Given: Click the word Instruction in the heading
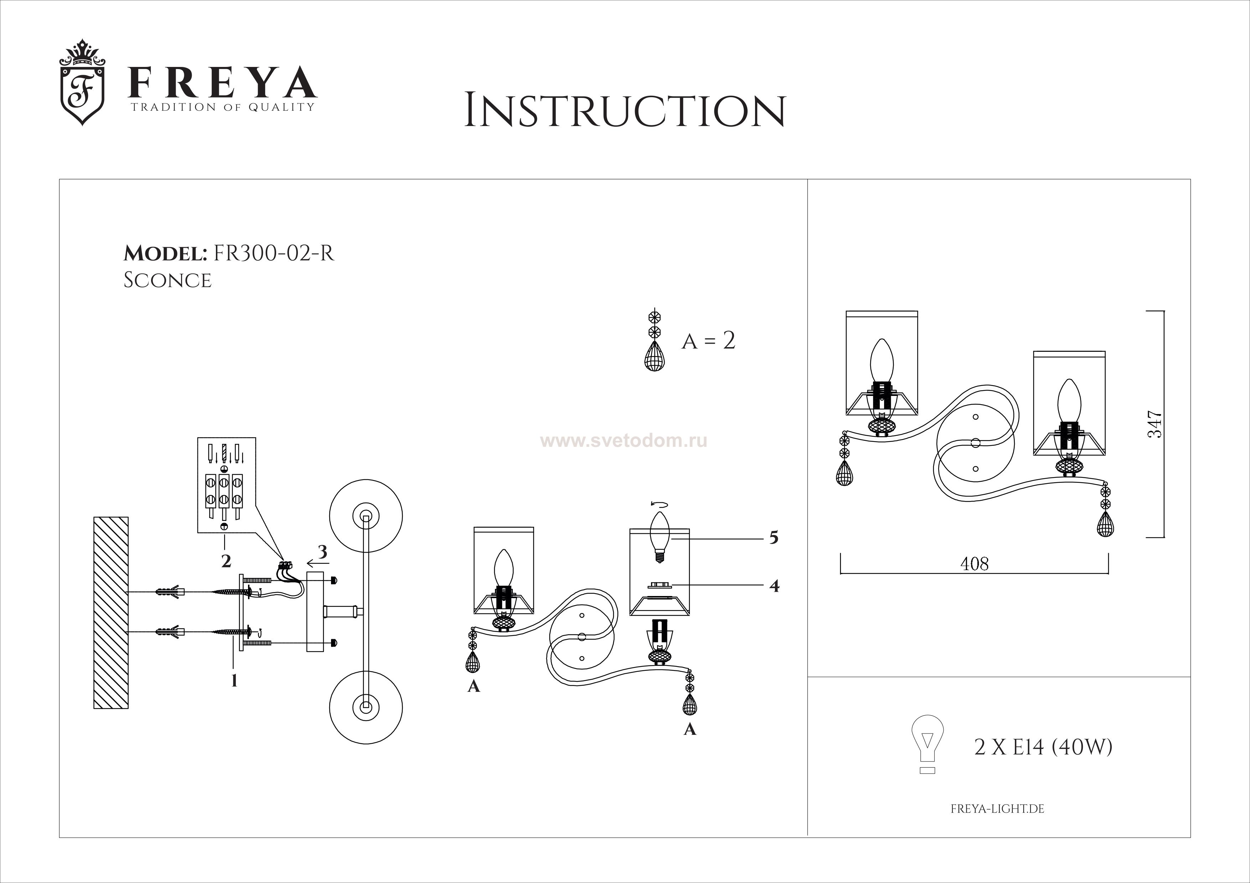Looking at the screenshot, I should [x=624, y=111].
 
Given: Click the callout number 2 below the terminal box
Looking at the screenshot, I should [x=226, y=561].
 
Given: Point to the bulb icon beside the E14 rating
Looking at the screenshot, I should [x=927, y=743].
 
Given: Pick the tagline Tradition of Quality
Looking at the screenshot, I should [x=222, y=107].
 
